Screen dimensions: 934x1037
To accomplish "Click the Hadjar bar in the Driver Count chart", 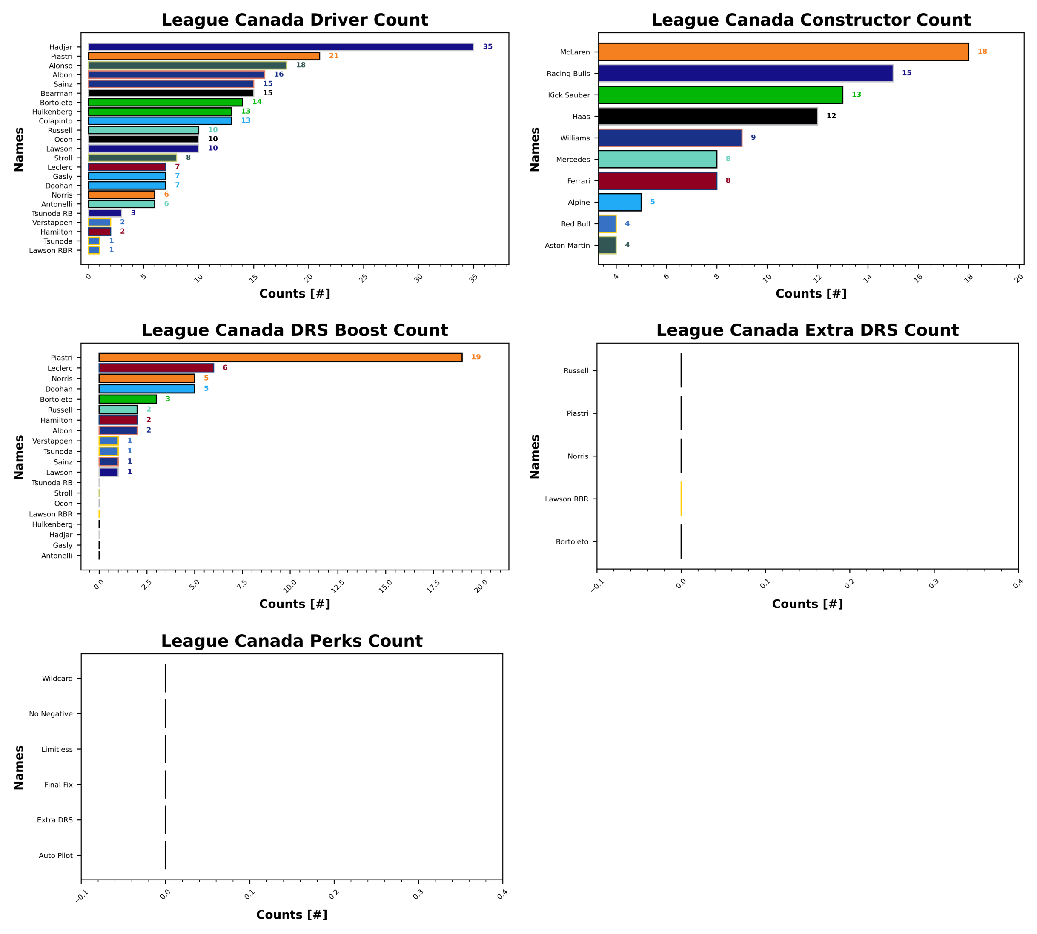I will point(281,47).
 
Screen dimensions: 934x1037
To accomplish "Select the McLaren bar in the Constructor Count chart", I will point(783,52).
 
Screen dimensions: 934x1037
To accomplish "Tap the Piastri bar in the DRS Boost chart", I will point(280,358).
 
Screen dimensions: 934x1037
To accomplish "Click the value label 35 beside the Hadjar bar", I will point(487,47).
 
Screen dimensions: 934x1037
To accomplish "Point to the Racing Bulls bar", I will point(745,73).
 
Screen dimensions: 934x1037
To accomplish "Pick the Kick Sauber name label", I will point(569,95).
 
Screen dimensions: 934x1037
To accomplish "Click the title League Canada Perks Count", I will point(292,641).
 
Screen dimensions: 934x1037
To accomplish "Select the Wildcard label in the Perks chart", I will point(57,679).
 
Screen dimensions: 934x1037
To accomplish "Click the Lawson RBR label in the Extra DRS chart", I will point(567,499).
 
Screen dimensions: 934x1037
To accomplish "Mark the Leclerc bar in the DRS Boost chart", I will point(156,368).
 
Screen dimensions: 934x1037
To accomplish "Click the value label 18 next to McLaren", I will point(982,52).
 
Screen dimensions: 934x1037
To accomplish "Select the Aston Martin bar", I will point(607,245).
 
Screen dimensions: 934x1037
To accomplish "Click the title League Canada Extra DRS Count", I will point(807,330).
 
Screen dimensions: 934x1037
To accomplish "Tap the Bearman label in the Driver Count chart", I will point(57,93).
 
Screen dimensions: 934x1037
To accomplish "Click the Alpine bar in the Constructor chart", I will point(619,203).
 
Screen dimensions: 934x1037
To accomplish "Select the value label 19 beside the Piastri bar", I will point(476,357).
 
